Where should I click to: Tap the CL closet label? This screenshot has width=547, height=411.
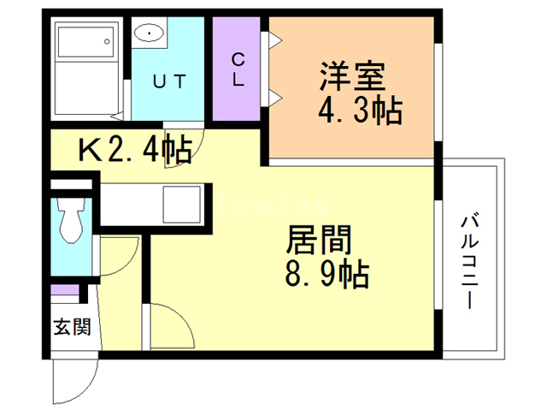[238, 70]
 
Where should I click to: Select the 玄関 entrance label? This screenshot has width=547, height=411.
[70, 327]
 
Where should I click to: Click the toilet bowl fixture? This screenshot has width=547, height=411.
[69, 222]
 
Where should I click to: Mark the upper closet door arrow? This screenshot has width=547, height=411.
[276, 39]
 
